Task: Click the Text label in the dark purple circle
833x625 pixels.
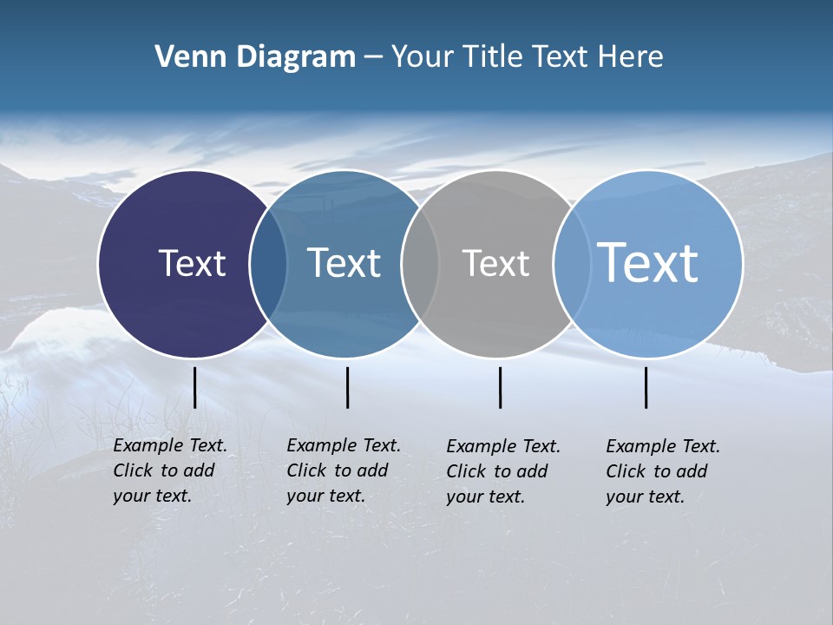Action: click(x=192, y=263)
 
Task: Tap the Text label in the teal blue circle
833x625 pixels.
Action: click(x=344, y=263)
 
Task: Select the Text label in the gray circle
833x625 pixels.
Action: click(x=495, y=264)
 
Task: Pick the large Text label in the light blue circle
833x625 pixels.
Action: click(x=648, y=262)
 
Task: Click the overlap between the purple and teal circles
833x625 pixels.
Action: click(x=268, y=264)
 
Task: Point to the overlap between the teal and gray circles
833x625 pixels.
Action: click(x=420, y=264)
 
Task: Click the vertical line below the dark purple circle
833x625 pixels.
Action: click(x=194, y=387)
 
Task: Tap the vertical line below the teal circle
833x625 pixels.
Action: click(x=347, y=387)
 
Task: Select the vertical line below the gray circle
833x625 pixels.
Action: click(x=500, y=387)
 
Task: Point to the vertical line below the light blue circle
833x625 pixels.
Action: click(x=646, y=387)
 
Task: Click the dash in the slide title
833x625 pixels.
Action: click(x=373, y=58)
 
